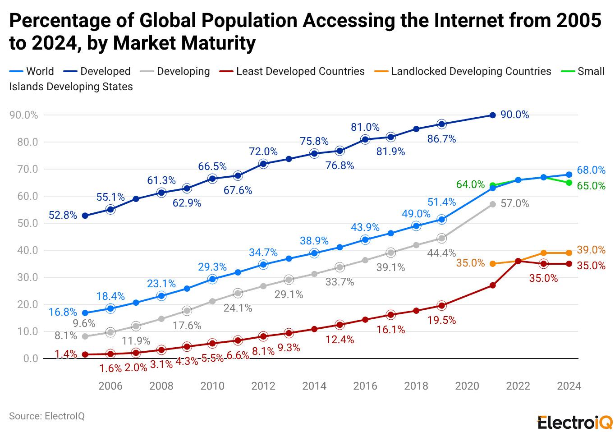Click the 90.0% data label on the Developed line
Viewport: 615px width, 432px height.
coord(514,115)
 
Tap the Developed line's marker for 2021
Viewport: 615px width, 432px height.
coord(492,115)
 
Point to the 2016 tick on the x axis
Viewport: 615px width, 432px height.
coord(365,386)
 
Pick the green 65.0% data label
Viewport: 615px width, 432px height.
coord(591,186)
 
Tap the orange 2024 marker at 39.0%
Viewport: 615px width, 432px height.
coord(569,253)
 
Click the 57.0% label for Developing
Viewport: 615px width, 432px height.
coord(514,203)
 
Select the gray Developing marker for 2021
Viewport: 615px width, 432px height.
coord(492,204)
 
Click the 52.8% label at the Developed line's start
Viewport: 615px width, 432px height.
coord(63,215)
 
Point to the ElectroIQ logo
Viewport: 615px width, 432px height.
coord(575,423)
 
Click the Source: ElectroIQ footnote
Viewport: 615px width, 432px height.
coord(47,416)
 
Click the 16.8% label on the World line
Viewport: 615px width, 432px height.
coord(63,312)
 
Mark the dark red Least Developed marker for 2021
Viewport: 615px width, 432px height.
coord(492,285)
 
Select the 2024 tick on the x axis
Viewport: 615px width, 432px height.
coord(569,386)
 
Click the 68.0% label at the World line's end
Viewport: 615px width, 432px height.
coord(591,170)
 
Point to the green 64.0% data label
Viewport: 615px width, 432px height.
coord(470,184)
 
